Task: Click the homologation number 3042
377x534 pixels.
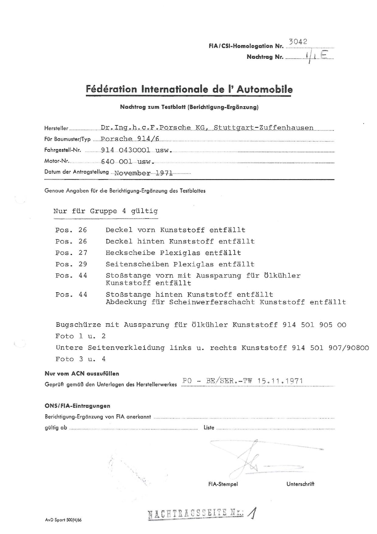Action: (298, 42)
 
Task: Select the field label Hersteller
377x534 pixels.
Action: (56, 128)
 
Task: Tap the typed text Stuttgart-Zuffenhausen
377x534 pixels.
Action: (264, 128)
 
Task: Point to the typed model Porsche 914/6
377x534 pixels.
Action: (130, 139)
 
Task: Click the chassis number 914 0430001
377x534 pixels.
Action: (126, 150)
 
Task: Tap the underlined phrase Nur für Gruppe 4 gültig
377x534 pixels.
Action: (105, 211)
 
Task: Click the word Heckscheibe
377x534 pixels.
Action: (130, 253)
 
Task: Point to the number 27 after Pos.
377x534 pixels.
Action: (83, 253)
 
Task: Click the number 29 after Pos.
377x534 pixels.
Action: (83, 264)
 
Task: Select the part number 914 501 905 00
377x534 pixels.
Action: (314, 325)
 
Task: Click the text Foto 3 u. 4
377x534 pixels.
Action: (81, 359)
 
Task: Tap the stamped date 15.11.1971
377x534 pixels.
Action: (280, 381)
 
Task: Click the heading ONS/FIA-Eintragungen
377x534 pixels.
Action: (78, 406)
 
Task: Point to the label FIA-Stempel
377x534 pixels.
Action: (223, 484)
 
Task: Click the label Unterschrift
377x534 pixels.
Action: (300, 484)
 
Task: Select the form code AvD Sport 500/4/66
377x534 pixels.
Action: (63, 520)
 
